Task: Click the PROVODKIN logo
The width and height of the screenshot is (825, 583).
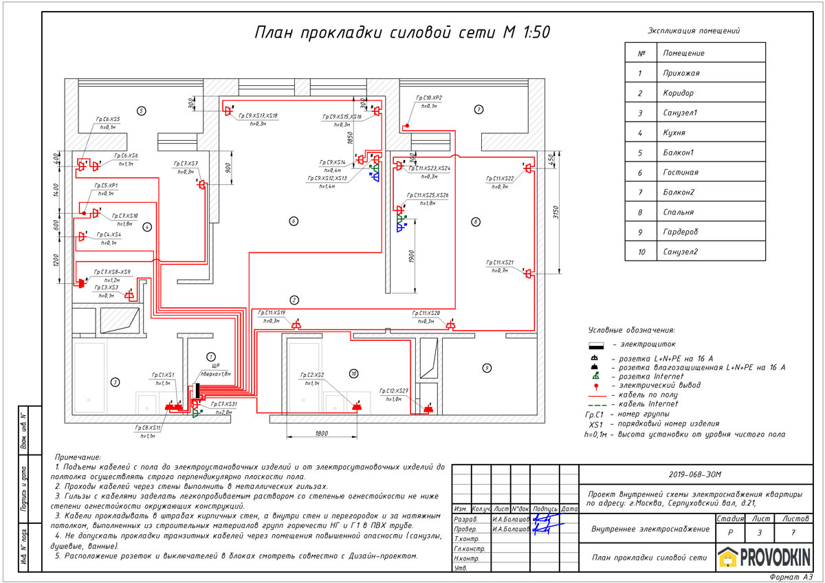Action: coord(764,556)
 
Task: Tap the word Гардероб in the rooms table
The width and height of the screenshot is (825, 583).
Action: coord(680,232)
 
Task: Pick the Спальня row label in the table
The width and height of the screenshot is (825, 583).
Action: coord(679,212)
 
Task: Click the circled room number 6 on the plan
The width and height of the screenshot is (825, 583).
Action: coord(293,221)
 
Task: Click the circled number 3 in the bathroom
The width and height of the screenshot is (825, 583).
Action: coord(115,382)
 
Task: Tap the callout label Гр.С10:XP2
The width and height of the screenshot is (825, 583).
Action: coord(429,98)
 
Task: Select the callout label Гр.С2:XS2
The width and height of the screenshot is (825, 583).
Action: coord(311,375)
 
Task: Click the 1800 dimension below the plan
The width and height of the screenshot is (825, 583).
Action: coord(321,434)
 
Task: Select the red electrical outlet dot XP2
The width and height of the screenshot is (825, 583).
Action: coord(407,126)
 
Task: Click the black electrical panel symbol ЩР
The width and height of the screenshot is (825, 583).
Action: coord(198,390)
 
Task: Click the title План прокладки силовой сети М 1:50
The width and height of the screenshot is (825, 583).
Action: coord(401,33)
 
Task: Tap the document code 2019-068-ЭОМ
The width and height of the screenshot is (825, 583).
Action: coord(695,474)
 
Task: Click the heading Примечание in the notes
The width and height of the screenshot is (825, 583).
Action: coord(78,456)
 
